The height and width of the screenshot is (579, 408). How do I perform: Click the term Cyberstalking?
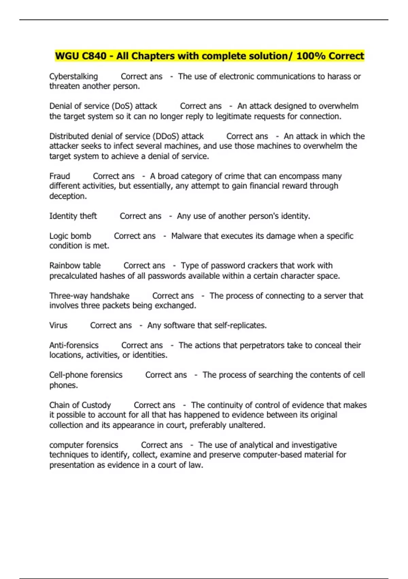(73, 77)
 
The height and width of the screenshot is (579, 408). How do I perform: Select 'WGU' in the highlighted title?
(67, 56)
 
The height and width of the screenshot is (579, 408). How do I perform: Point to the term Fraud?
(60, 176)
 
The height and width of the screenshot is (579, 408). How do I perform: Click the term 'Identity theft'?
(73, 216)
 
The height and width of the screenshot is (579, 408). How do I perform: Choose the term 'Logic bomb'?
(70, 236)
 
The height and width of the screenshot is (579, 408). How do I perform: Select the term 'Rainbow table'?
(75, 266)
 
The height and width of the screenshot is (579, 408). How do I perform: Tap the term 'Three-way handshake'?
(89, 296)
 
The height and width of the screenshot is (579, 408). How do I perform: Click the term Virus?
(58, 325)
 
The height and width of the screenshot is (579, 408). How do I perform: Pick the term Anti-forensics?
(74, 345)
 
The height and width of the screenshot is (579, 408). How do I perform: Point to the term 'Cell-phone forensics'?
(86, 375)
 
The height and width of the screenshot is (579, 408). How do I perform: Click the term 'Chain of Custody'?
(80, 405)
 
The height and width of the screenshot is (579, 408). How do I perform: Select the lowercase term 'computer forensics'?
(84, 445)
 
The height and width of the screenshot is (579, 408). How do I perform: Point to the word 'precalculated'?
(73, 276)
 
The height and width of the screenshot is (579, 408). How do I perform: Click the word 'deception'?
(67, 196)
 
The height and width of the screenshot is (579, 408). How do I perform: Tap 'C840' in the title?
(94, 56)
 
